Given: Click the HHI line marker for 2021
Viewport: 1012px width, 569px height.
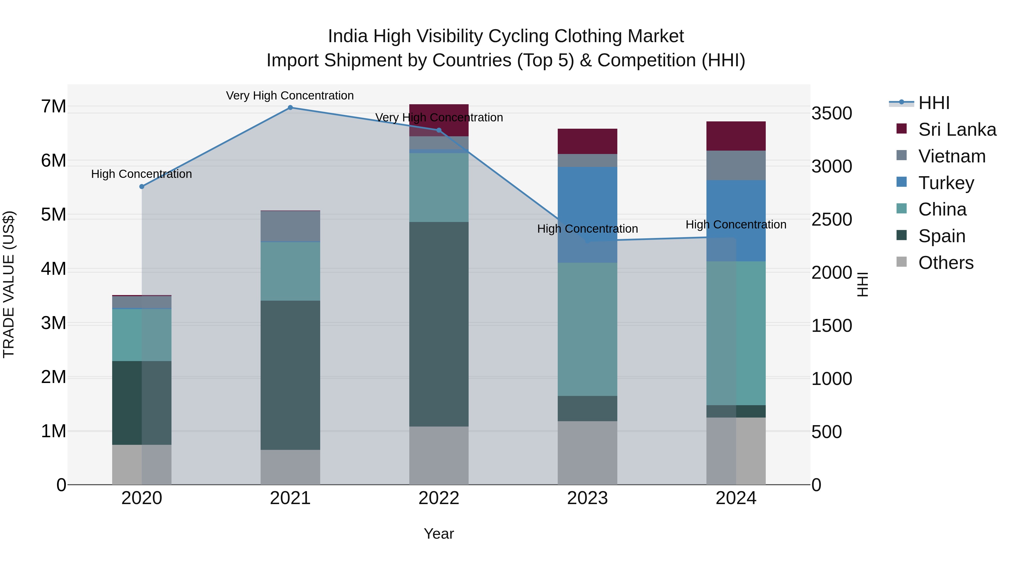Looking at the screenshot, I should tap(290, 108).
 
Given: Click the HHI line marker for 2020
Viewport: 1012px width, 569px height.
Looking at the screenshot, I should tap(142, 187).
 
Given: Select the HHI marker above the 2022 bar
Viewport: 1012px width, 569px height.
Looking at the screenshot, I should tap(439, 130).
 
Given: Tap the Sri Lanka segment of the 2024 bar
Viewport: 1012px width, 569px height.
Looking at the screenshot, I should tap(736, 136).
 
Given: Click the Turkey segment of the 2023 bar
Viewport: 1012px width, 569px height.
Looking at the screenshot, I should tap(587, 214).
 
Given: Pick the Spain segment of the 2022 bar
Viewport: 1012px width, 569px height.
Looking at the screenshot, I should tap(439, 324).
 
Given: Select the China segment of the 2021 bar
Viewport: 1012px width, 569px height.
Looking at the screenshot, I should tap(290, 271).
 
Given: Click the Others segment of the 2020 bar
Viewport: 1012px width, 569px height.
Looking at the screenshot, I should tap(142, 464).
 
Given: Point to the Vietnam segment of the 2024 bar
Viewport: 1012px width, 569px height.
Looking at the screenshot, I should tap(736, 165).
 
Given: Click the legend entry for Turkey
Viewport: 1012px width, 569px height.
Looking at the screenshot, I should tap(946, 183).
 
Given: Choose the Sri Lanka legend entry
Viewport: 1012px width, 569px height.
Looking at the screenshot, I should tap(957, 130).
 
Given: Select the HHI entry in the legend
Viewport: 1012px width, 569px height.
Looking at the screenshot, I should tap(933, 103).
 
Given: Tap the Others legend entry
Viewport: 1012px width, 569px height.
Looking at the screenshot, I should tap(945, 263).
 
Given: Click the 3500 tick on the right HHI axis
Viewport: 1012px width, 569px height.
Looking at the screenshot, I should tap(831, 114).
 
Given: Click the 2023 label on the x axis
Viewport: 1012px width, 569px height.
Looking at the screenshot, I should tap(587, 498).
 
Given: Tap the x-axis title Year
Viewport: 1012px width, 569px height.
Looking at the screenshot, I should tap(439, 534).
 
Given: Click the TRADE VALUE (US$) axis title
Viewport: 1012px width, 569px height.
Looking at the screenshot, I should tap(9, 284).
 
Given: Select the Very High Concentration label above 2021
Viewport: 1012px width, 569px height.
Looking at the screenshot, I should tap(290, 96).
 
